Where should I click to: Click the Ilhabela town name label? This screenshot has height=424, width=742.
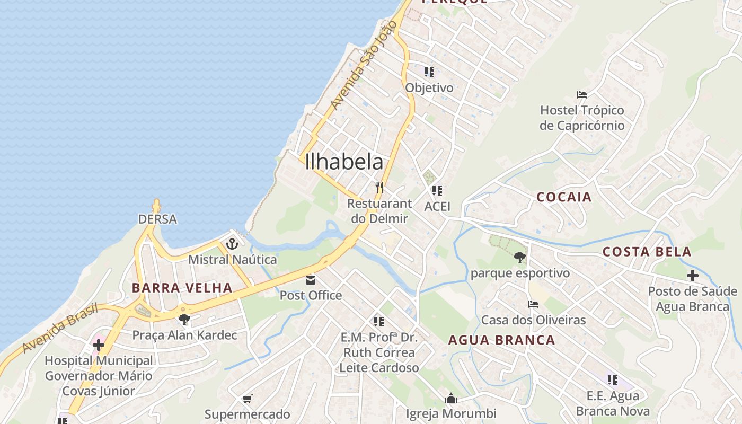pos(344,162)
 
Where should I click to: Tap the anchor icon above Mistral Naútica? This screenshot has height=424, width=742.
pos(232,244)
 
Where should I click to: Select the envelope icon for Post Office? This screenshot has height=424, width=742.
pos(311,280)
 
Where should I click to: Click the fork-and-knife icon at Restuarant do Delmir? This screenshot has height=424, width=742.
pos(379,187)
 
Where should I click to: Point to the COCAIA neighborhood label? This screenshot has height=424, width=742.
pos(564,197)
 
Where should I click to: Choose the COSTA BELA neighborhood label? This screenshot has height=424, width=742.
pos(647,252)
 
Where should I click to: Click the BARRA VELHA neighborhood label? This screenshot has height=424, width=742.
pos(182,288)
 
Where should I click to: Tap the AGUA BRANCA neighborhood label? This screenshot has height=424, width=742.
pos(501,340)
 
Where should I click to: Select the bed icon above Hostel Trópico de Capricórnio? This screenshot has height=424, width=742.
pos(582,95)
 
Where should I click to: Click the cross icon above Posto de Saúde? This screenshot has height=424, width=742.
pos(692,276)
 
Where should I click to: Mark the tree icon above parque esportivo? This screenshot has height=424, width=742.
pos(520,258)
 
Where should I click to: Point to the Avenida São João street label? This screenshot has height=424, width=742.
pos(363,65)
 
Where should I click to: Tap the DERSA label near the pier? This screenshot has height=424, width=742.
pos(157,219)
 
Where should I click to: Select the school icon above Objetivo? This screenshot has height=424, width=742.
pos(429,72)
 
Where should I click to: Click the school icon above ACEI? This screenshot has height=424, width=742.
pos(437,190)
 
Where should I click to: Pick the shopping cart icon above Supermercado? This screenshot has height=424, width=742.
pos(247,399)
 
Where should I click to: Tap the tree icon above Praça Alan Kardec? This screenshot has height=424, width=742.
pos(184,319)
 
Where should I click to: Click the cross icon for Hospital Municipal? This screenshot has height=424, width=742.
pos(98,346)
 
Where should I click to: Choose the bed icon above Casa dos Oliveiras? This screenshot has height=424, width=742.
pos(533,304)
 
